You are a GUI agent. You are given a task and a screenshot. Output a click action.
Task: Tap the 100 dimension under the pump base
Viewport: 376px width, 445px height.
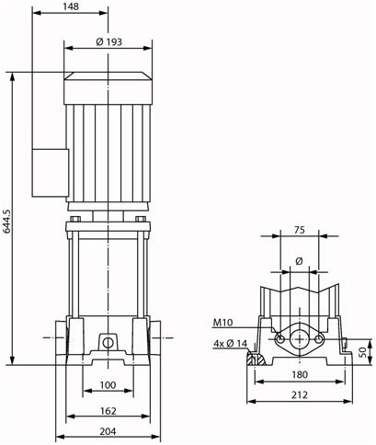point(108,383)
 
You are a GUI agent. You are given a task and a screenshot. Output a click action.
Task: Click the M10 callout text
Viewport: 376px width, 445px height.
point(223,322)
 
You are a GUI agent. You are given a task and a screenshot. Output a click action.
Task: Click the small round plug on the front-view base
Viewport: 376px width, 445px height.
point(108,343)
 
